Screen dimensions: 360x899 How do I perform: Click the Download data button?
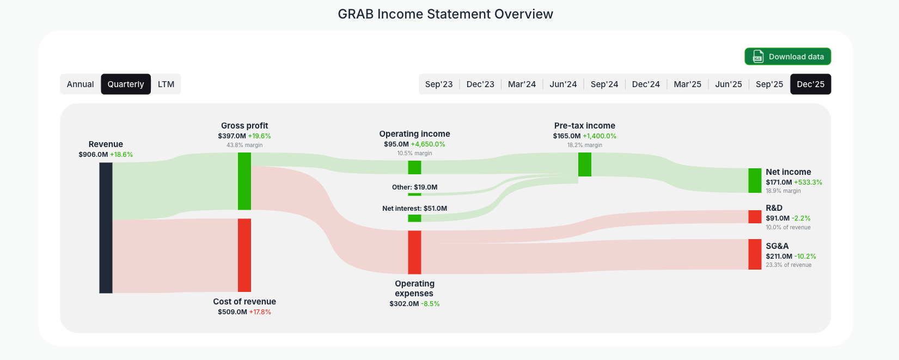point(787,57)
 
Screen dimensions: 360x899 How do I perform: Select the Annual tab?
point(81,84)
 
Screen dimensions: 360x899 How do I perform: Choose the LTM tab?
point(166,84)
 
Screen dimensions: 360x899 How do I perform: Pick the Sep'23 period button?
point(439,84)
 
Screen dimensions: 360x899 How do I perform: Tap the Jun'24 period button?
point(563,84)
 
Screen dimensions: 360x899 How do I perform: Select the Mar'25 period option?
point(687,84)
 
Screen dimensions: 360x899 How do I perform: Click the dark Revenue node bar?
point(106,228)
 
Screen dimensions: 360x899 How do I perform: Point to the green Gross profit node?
point(244,181)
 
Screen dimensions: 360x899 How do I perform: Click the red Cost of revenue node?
point(244,255)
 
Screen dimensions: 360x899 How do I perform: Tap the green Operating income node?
point(414,167)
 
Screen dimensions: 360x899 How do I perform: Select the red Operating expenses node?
point(414,252)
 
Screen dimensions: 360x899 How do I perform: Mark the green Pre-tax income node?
point(585,164)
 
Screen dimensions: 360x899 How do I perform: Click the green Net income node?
point(755,180)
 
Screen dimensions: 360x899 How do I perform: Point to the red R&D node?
point(755,217)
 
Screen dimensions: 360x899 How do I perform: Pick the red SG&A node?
point(755,254)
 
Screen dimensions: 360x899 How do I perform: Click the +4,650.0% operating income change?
point(428,144)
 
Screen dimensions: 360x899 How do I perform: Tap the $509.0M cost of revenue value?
point(233,312)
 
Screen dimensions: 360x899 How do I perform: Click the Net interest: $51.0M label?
point(414,209)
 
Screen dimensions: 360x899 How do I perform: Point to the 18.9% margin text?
point(783,191)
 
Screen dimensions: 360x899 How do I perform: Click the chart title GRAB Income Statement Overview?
point(445,14)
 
